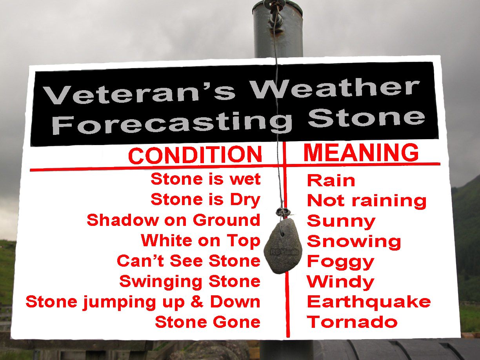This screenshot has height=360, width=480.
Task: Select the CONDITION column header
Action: [195, 155]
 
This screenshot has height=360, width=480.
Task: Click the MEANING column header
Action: [361, 153]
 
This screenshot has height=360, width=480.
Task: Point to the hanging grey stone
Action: [283, 246]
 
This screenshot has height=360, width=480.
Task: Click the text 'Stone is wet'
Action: [205, 179]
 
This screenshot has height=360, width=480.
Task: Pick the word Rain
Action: [331, 180]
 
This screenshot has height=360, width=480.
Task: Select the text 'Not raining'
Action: [367, 201]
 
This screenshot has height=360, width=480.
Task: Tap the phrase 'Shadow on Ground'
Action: [173, 220]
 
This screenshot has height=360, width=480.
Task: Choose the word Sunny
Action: [341, 222]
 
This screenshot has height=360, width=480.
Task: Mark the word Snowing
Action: [354, 242]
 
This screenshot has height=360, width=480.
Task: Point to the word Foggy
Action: [340, 262]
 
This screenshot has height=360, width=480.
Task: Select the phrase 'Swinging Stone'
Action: [190, 282]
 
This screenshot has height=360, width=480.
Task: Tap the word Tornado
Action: [352, 322]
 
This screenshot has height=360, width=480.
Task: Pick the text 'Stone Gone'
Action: [208, 322]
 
